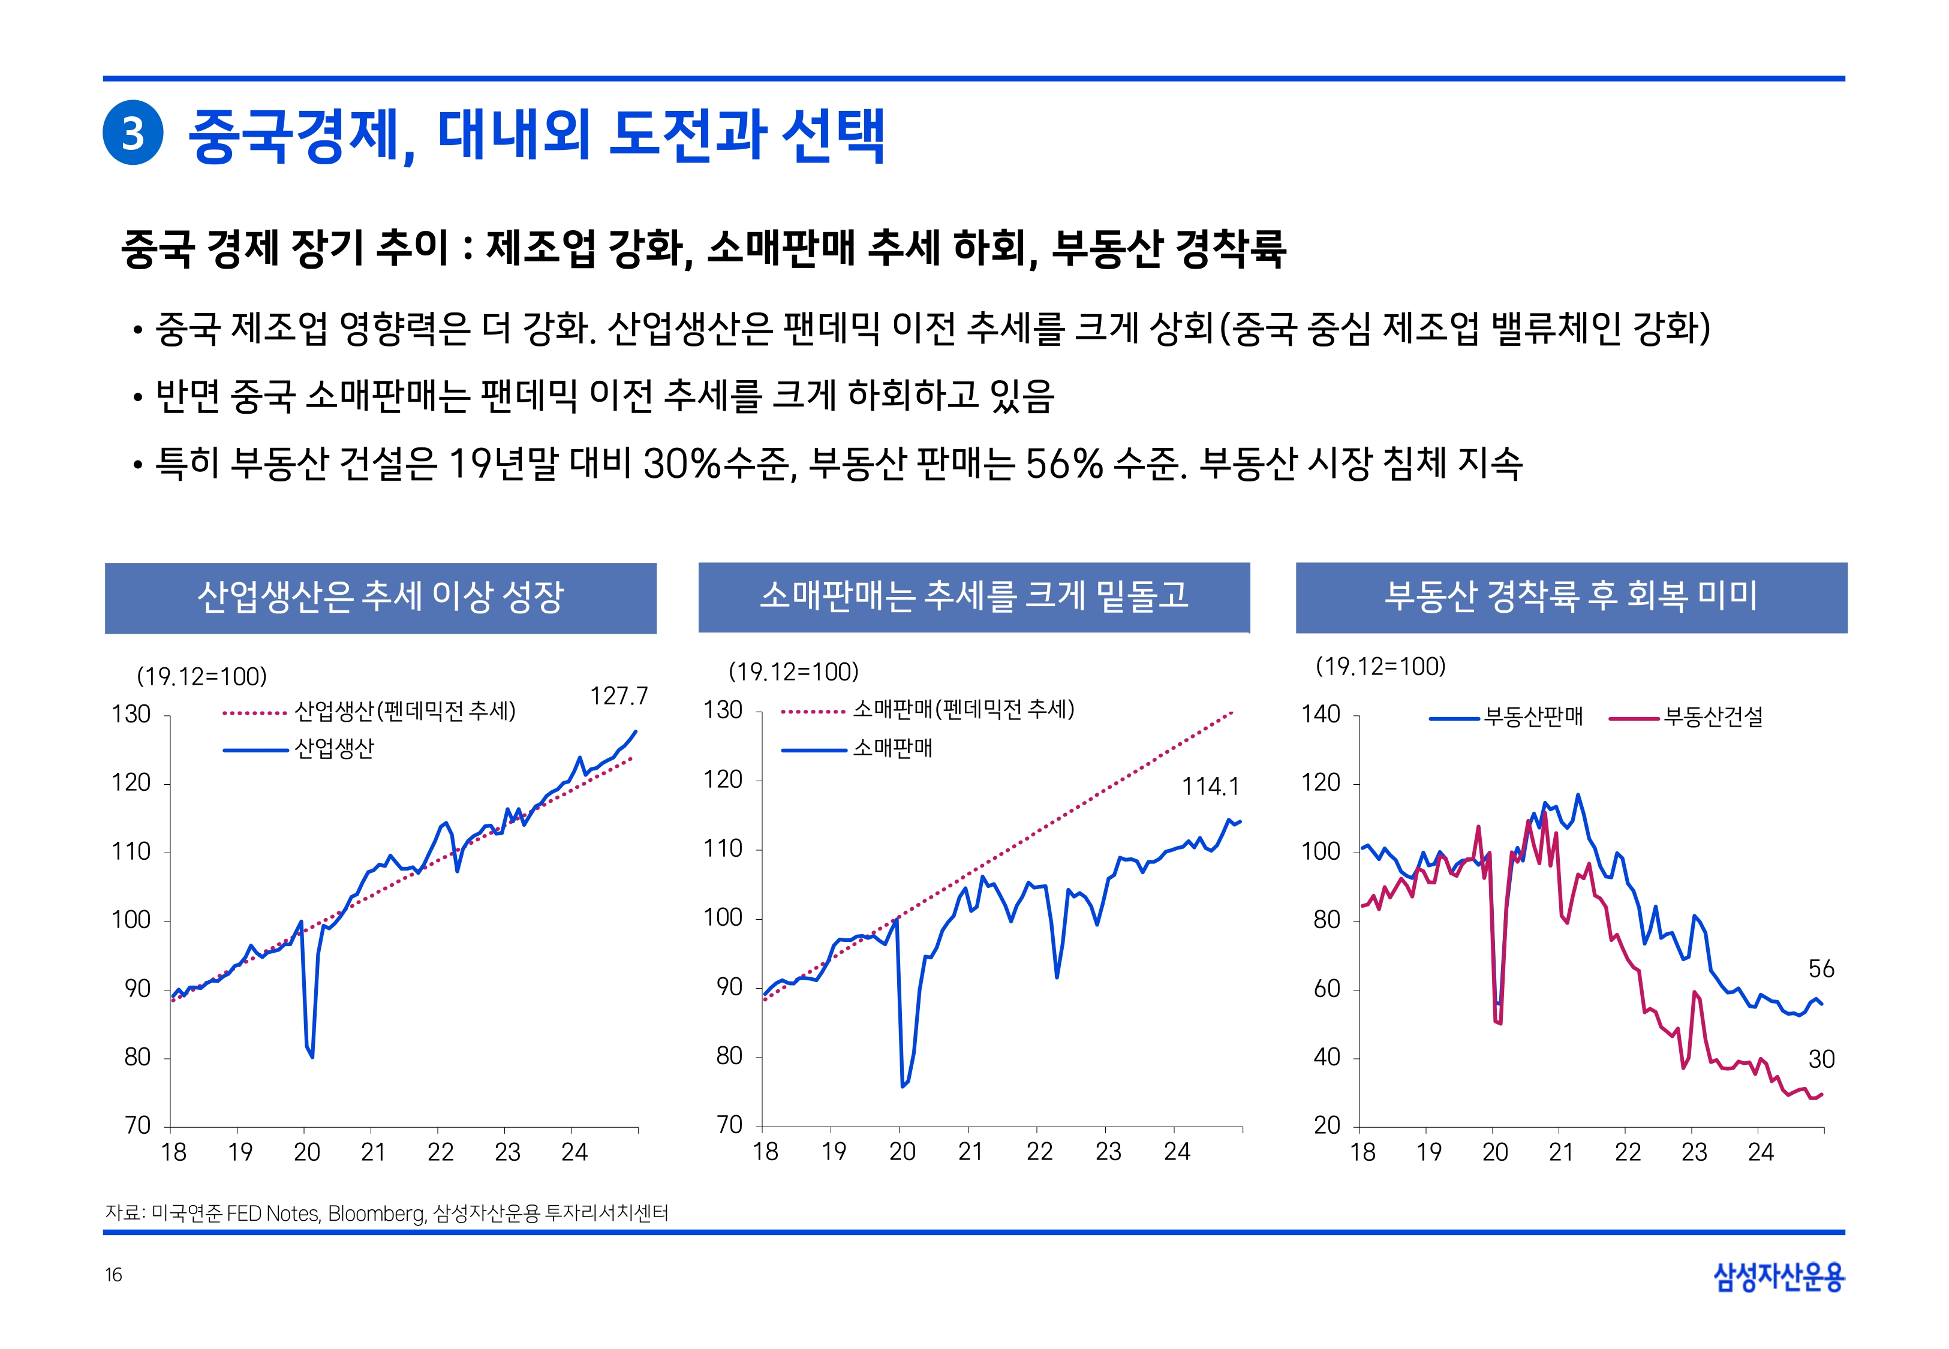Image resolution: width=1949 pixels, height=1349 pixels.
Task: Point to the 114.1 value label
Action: click(x=1210, y=787)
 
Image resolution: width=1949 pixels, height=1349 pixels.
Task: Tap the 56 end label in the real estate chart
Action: click(x=1821, y=969)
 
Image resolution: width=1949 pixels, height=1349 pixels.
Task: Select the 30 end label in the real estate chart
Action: click(x=1821, y=1059)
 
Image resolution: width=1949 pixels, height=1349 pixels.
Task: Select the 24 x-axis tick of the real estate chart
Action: click(x=1761, y=1153)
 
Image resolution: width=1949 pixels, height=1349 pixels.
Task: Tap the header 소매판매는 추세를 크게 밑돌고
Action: click(x=974, y=597)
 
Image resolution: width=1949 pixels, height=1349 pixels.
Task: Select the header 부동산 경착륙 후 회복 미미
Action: click(x=1571, y=597)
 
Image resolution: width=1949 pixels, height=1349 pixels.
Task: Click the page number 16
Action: click(x=113, y=1275)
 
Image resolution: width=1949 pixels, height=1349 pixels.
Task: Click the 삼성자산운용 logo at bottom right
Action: click(x=1778, y=1276)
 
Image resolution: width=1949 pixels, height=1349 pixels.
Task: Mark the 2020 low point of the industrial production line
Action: click(x=312, y=1056)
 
